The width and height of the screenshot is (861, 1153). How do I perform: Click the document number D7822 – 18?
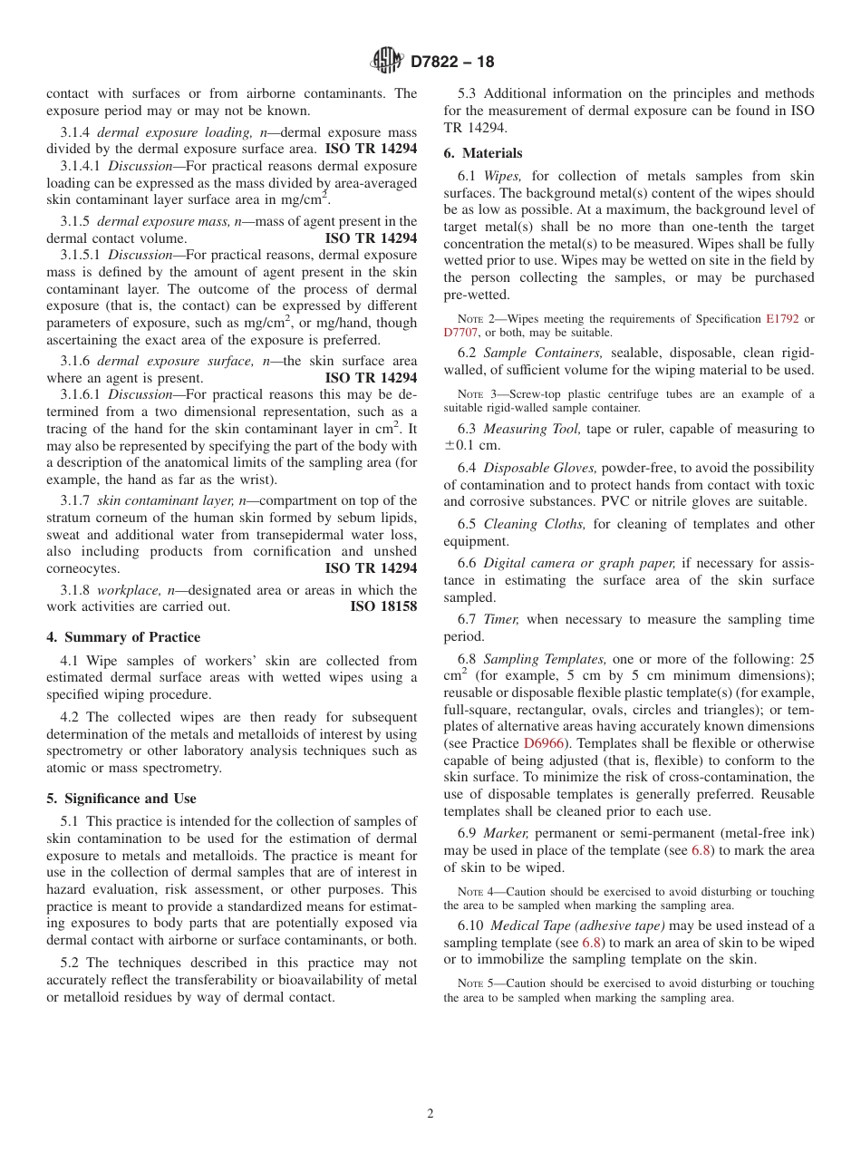point(452,63)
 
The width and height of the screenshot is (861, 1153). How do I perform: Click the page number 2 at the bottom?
point(430,1114)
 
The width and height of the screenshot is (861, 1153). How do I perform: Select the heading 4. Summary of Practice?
point(123,637)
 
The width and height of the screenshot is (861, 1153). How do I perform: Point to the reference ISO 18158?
point(383,606)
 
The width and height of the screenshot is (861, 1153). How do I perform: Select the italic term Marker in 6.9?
point(506,832)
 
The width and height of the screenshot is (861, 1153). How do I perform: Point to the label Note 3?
point(470,393)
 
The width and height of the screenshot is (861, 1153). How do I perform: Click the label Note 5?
point(470,983)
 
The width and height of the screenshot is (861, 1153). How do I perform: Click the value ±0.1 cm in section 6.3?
point(473,445)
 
